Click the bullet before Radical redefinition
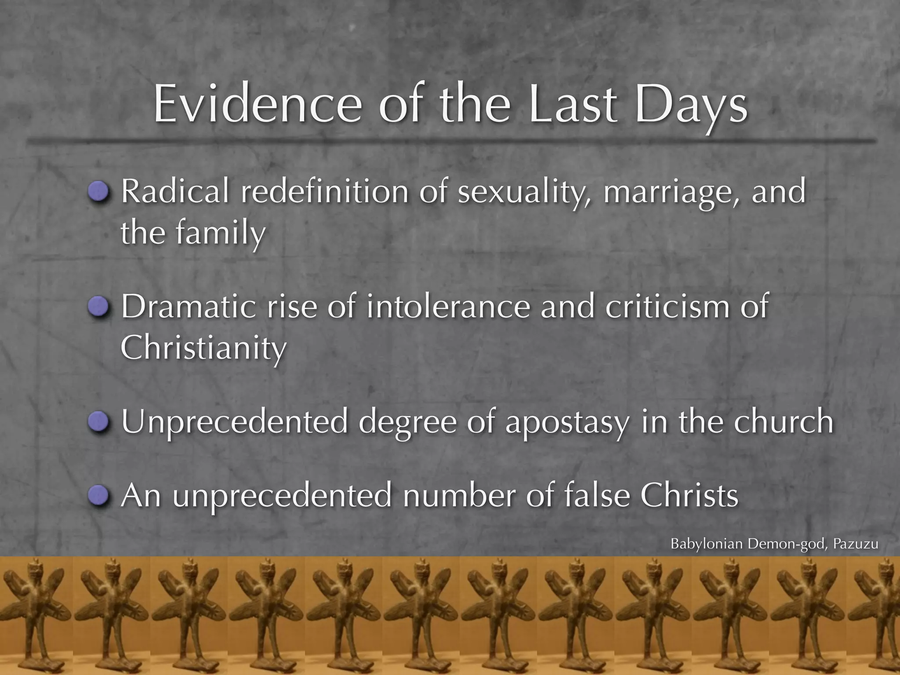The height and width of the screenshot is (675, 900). pyautogui.click(x=98, y=191)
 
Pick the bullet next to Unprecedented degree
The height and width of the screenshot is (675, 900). pyautogui.click(x=98, y=421)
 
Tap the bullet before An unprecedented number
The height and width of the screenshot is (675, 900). pyautogui.click(x=98, y=495)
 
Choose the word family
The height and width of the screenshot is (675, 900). pyautogui.click(x=221, y=232)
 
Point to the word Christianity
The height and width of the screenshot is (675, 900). pyautogui.click(x=203, y=347)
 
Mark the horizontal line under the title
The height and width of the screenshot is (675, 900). pyautogui.click(x=450, y=141)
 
